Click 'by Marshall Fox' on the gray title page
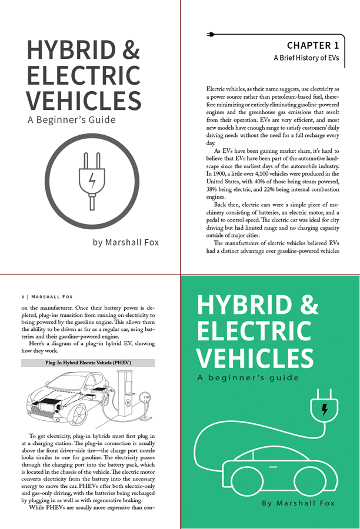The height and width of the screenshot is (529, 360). pos(125,242)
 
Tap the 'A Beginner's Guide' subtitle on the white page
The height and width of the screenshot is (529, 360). pos(71,120)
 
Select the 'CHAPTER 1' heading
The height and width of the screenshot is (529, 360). pos(312,45)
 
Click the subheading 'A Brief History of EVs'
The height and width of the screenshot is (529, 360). pos(306,58)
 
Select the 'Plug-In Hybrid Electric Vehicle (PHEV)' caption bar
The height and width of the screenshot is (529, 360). pos(88,363)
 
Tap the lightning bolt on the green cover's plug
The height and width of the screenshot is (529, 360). pos(324,409)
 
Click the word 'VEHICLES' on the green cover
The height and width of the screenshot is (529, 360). pos(255,357)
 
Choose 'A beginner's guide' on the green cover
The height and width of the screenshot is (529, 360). pos(248,377)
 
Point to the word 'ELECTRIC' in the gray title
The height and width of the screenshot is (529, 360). pos(84,75)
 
